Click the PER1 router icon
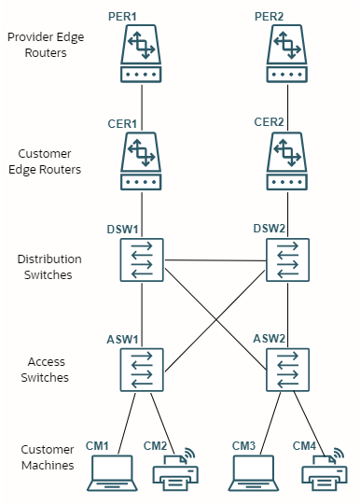142,55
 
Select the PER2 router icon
287,55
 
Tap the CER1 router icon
142,161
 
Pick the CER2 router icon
287,161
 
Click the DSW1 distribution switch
142,259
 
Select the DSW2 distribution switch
287,259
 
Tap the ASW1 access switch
142,370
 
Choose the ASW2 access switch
287,370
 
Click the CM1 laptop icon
111,473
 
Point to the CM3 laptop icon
255,473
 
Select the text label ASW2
271,340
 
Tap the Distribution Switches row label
48,267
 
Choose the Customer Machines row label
48,457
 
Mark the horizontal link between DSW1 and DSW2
215,260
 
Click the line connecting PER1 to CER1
142,107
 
